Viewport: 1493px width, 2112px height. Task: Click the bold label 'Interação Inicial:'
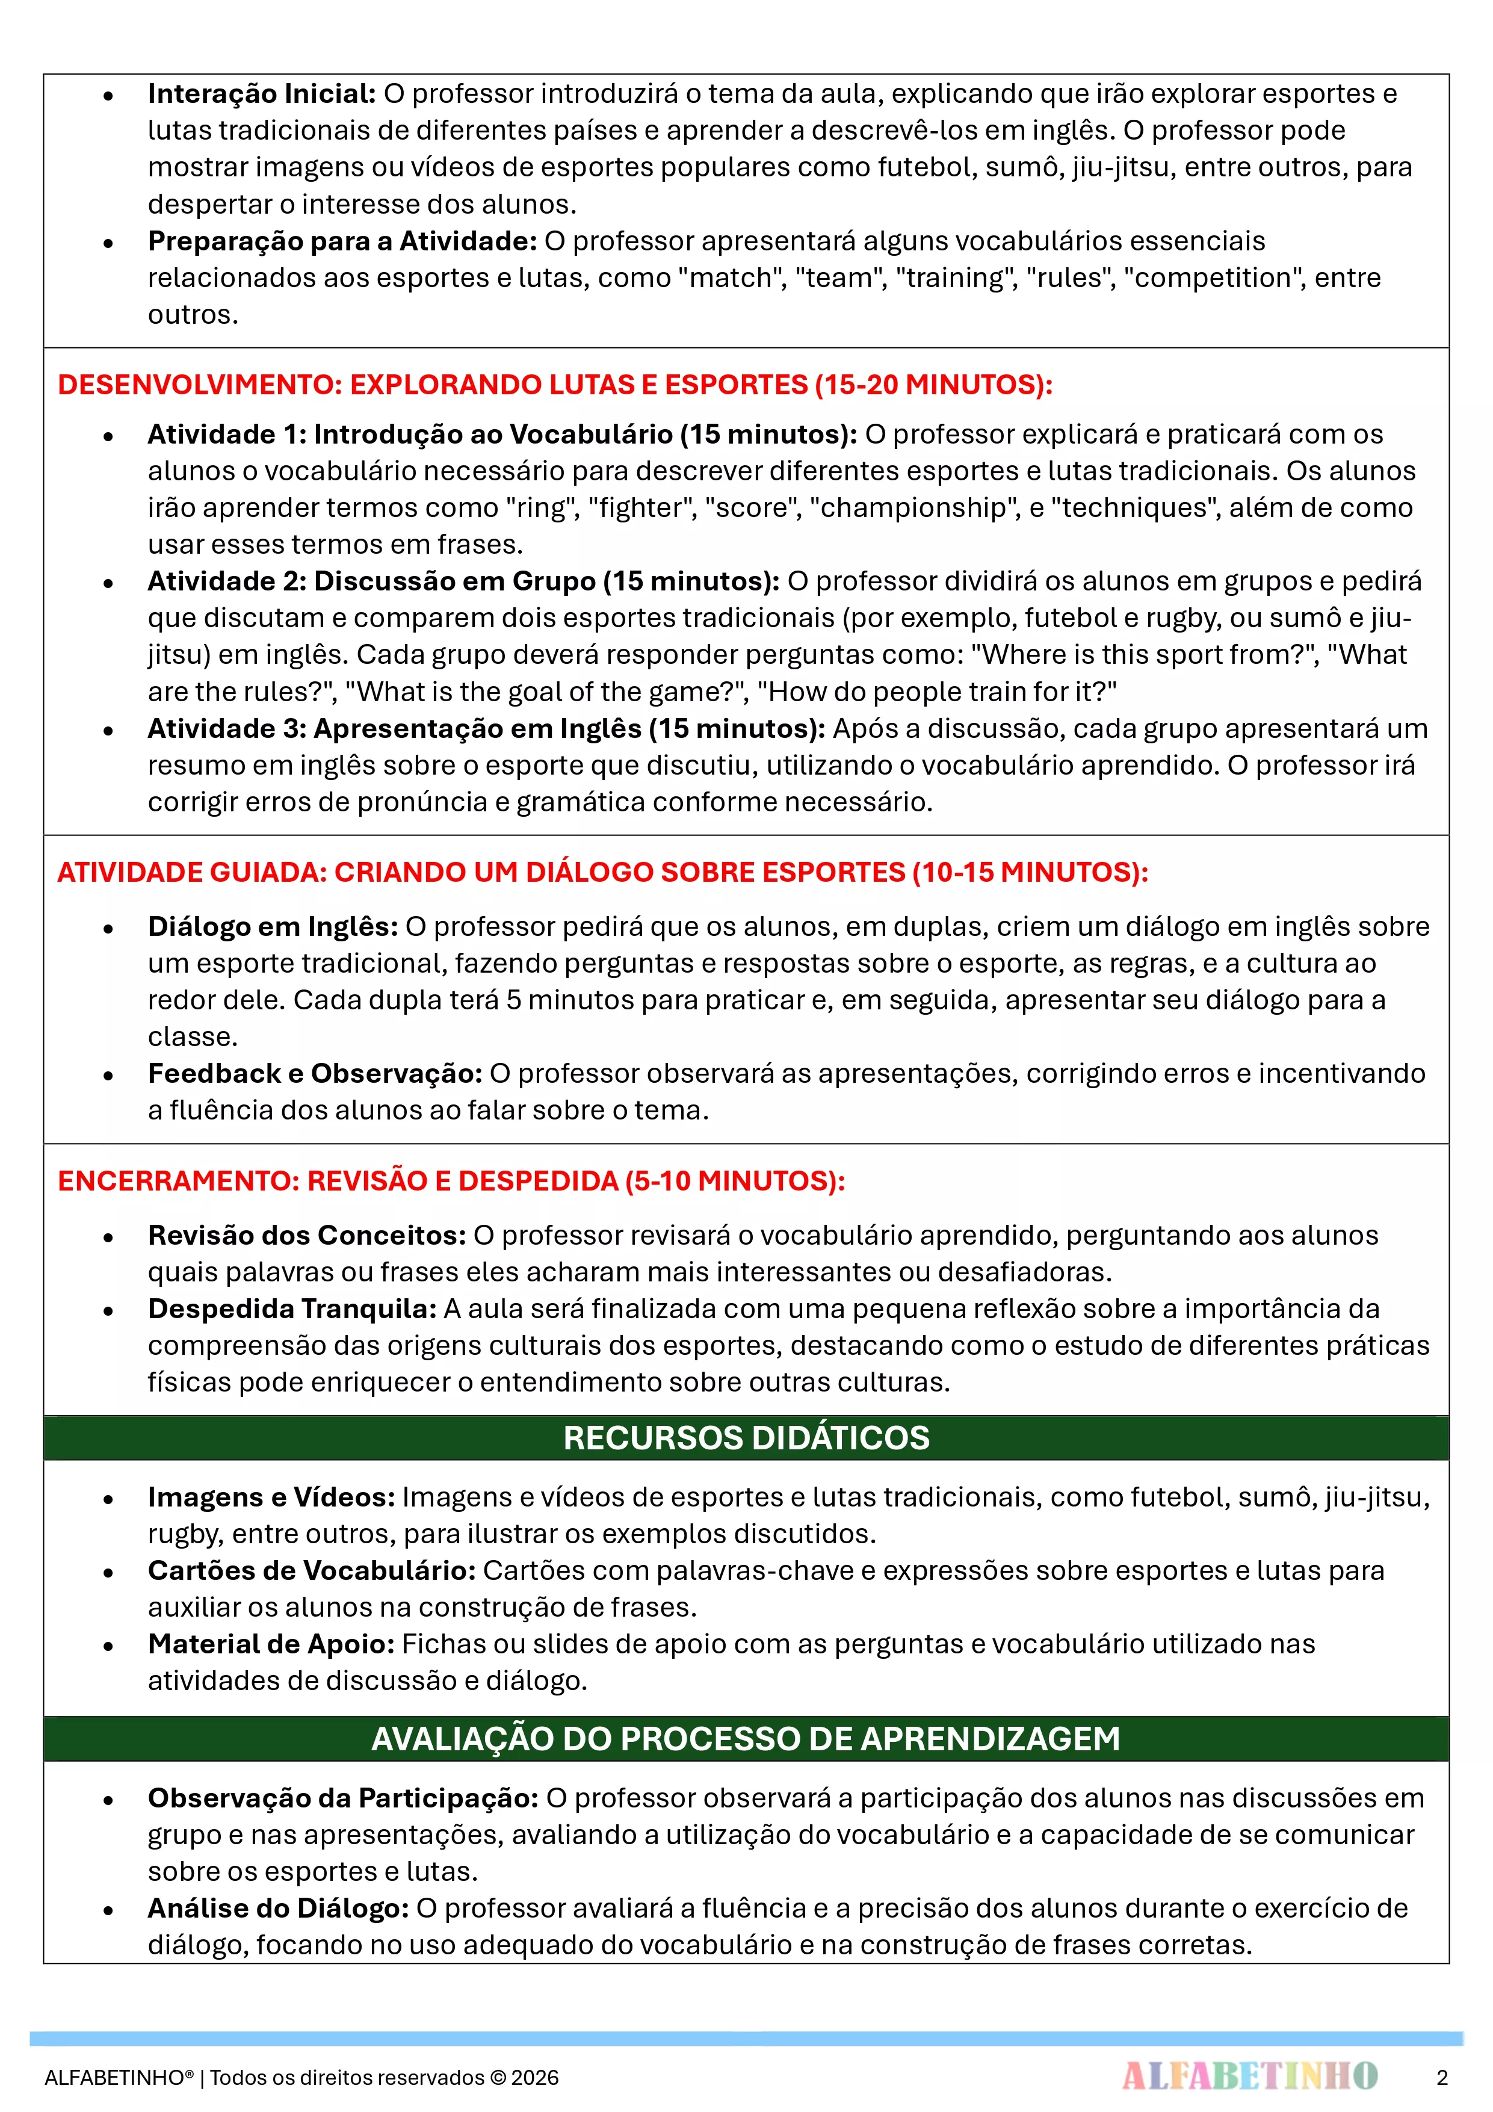coord(261,94)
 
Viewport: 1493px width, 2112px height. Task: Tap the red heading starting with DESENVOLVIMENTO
coord(555,385)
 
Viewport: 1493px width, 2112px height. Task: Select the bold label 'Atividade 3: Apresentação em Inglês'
coord(486,728)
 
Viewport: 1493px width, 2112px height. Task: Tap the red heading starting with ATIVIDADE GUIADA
coord(602,872)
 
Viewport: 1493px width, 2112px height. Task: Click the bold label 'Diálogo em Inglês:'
coord(272,926)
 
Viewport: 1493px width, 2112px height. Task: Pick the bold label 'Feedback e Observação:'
coord(315,1074)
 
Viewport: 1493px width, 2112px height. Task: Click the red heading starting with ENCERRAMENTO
coord(451,1181)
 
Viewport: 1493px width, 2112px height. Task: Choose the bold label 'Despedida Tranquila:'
coord(292,1309)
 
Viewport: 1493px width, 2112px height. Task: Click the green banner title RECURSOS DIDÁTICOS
coord(746,1438)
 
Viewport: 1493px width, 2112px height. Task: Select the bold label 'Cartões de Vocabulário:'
coord(312,1570)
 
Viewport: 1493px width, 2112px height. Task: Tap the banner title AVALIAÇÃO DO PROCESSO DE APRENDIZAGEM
coord(746,1739)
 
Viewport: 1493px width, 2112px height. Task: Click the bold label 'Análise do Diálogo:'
coord(278,1908)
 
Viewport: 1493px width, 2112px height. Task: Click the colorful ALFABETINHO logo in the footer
coord(1249,2076)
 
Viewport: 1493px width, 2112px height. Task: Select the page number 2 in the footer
coord(1441,2077)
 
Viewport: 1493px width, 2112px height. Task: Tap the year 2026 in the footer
coord(536,2078)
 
